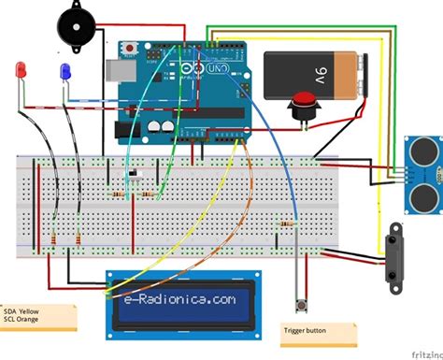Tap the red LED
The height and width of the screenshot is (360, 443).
[21, 70]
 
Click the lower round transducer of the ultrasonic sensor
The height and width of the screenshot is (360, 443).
[422, 194]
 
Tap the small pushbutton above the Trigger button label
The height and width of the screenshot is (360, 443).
[302, 305]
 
